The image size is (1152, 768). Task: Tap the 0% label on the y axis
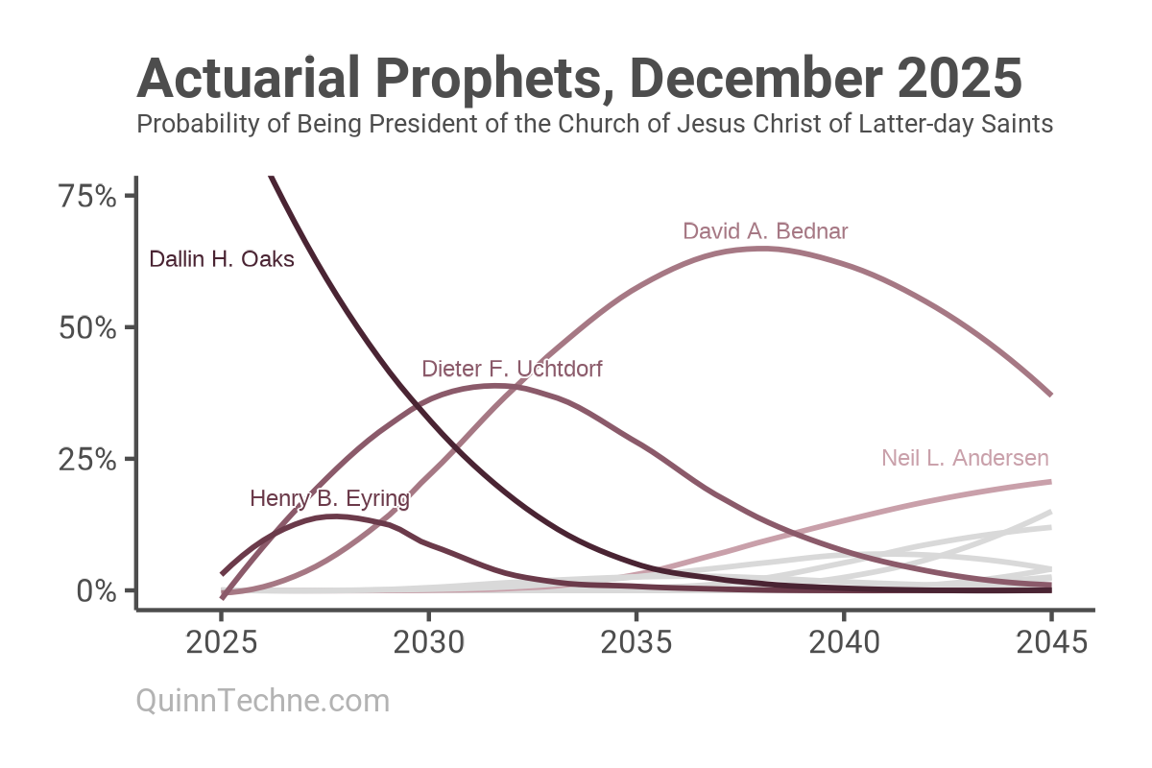[97, 590]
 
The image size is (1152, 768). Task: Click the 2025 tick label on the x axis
[222, 641]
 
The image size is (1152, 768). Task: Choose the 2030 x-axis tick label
[428, 641]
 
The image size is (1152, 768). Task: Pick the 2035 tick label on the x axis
[636, 641]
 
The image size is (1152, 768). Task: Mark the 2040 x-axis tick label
[844, 641]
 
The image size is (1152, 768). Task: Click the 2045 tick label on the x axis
[1051, 641]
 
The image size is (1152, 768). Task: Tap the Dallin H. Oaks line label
[222, 259]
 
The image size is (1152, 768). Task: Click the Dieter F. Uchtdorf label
[512, 369]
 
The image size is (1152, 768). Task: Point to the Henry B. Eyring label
[329, 498]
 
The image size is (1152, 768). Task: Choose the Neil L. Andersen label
[965, 458]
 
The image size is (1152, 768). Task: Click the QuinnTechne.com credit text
[263, 701]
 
